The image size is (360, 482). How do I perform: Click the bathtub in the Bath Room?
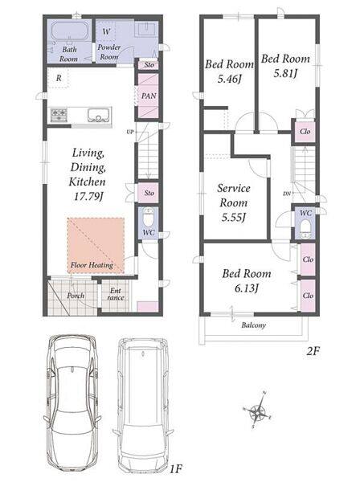[70, 31]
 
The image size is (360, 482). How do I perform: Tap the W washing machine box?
[106, 31]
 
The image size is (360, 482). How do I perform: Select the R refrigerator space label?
[59, 78]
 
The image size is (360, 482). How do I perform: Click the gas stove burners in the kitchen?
[59, 115]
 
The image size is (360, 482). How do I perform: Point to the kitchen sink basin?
[100, 116]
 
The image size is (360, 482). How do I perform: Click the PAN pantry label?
[149, 96]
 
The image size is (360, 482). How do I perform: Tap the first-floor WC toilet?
[149, 217]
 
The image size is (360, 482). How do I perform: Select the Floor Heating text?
[92, 265]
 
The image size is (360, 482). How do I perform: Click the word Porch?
[76, 296]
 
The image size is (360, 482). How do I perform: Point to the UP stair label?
[130, 132]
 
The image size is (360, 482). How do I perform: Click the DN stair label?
[287, 194]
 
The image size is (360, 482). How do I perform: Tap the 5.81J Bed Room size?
[285, 73]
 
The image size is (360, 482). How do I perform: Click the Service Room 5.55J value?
[234, 218]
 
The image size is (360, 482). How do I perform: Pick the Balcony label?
[253, 325]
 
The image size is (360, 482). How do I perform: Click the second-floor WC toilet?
[305, 229]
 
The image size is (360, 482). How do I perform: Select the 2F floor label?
[313, 352]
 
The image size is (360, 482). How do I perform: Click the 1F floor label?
[176, 469]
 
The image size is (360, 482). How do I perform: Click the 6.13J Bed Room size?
[246, 288]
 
